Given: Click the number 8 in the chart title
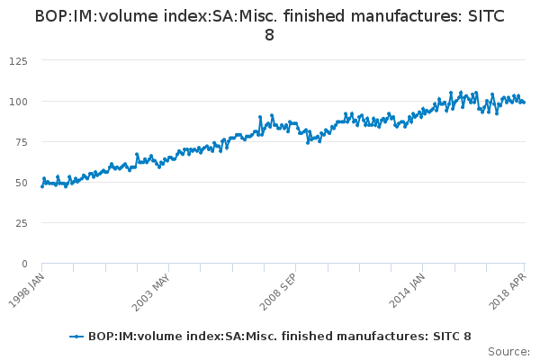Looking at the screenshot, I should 270,35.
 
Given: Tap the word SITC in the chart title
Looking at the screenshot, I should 484,16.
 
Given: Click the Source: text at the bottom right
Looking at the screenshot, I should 508,351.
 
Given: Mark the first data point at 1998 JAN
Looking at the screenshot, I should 42,185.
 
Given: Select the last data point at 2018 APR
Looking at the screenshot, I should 524,102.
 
